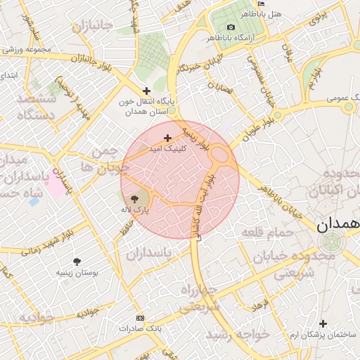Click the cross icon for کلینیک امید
(x=167, y=138)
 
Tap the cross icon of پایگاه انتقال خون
(x=146, y=91)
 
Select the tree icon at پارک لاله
(x=135, y=199)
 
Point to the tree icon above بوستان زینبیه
(x=77, y=261)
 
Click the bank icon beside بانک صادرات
(x=139, y=318)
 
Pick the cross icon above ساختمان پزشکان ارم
(x=323, y=323)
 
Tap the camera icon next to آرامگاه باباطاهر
(x=231, y=27)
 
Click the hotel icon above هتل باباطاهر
(x=262, y=4)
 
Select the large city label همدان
(x=337, y=224)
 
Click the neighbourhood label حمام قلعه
(x=266, y=232)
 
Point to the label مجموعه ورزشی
(x=28, y=49)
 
